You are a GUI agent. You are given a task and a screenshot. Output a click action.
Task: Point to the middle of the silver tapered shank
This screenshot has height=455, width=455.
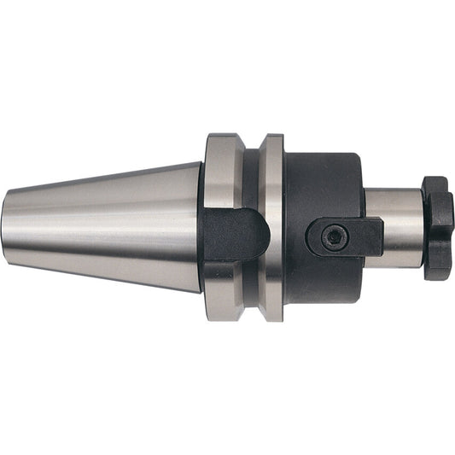tap(102, 227)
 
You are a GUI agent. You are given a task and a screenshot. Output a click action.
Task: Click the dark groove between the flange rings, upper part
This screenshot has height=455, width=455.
tap(250, 175)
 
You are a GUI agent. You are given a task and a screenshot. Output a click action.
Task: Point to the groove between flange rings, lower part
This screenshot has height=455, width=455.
tap(250, 286)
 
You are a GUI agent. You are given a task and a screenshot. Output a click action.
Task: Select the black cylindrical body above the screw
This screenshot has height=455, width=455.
tap(324, 184)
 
